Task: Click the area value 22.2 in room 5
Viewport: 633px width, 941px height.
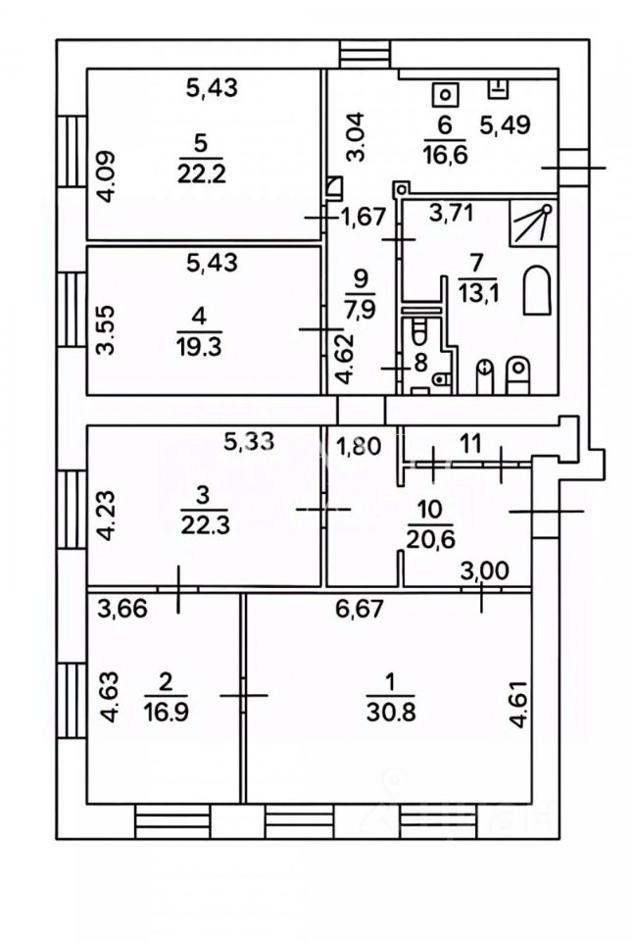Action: click(202, 174)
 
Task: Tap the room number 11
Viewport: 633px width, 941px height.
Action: click(471, 443)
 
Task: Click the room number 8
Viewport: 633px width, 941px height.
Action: click(420, 361)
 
